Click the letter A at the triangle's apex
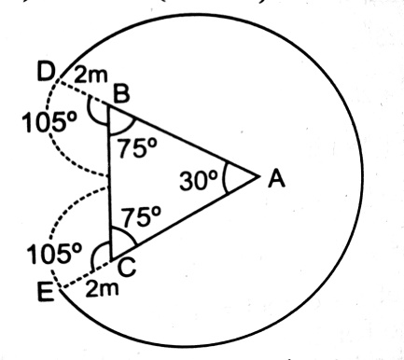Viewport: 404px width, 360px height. [276, 179]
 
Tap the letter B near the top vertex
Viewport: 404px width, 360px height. [121, 94]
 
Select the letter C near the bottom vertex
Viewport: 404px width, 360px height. [127, 268]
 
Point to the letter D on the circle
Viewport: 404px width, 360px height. [46, 72]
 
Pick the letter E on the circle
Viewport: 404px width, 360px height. [46, 292]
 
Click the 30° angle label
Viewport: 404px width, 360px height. [198, 181]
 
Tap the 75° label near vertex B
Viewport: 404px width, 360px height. [136, 147]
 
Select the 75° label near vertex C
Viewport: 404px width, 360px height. [141, 216]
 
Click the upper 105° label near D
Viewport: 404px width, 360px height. [49, 122]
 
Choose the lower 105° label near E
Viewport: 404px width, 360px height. [54, 254]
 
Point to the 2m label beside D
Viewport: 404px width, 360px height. [91, 76]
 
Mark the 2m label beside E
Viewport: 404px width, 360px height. [102, 288]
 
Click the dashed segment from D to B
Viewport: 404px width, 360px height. [83, 93]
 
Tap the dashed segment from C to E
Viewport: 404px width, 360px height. [87, 274]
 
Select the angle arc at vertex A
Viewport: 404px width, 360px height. [225, 177]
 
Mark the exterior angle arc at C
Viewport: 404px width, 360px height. [96, 250]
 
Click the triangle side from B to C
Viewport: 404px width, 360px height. [109, 183]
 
